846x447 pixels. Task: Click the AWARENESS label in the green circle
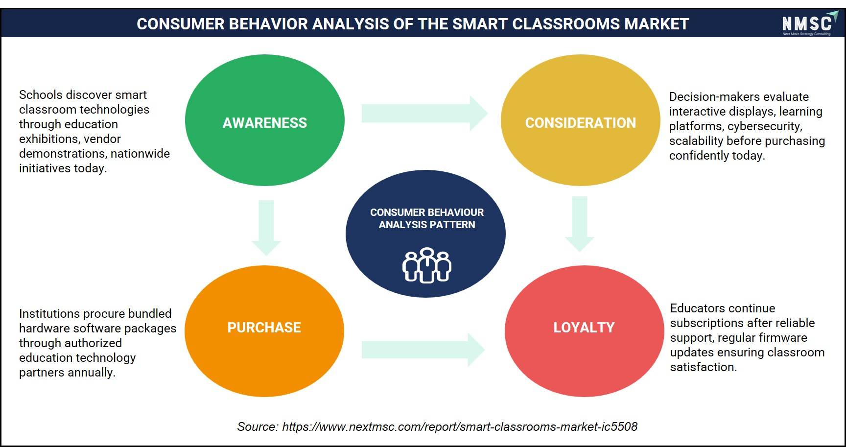tap(265, 123)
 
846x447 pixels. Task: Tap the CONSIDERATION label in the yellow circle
tap(581, 123)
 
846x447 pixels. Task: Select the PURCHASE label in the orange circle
tap(264, 328)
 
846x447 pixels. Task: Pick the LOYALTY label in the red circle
tap(584, 328)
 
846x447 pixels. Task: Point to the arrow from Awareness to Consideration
tap(424, 114)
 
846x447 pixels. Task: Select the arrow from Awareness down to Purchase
tap(266, 228)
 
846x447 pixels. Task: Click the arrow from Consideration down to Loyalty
tap(580, 224)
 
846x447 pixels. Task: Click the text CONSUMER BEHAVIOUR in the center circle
tap(427, 212)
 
